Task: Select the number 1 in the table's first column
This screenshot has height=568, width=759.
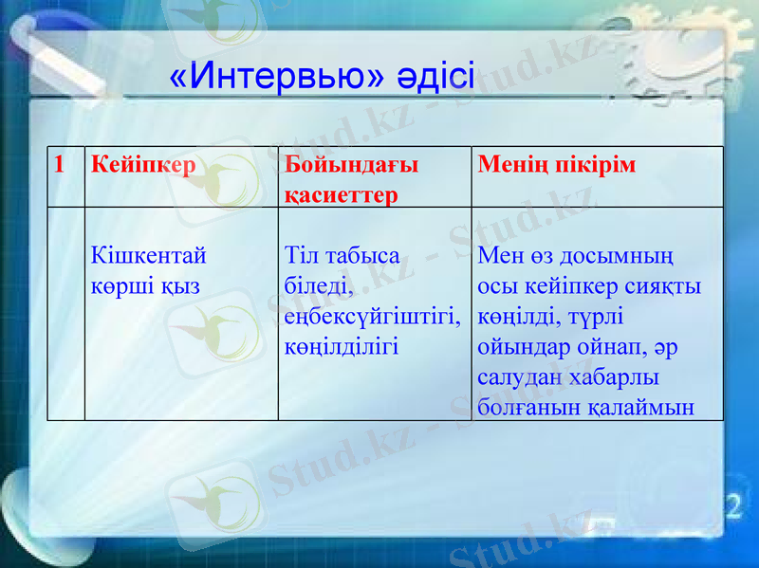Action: point(60,165)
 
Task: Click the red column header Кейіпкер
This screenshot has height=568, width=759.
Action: point(143,165)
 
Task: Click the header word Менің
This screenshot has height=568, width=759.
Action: point(513,165)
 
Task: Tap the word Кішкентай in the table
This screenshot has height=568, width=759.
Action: point(149,256)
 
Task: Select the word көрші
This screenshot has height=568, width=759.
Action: point(122,285)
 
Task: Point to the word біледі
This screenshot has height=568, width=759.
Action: point(319,285)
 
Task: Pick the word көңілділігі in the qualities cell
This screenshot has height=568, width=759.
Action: point(342,345)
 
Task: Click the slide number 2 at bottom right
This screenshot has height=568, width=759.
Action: point(732,505)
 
